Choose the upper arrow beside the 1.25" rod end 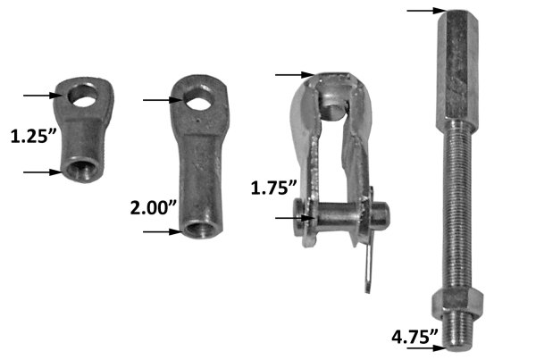(x=39, y=93)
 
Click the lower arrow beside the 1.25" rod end (x=39, y=172)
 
